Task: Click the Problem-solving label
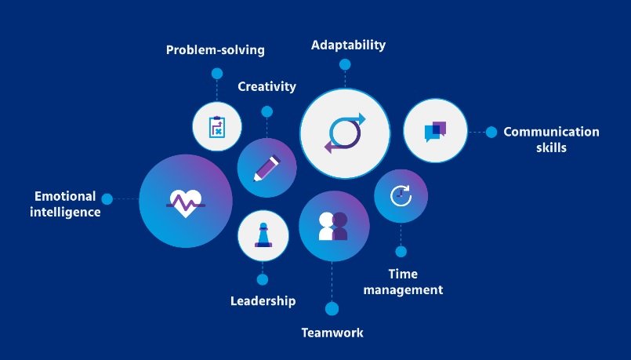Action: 215,50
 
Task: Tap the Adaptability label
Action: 348,45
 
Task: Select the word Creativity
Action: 267,86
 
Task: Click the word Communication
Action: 551,132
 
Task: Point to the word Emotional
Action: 65,196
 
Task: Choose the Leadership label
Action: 263,300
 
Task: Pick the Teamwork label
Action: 332,333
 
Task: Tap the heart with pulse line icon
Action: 186,202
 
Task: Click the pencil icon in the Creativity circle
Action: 267,168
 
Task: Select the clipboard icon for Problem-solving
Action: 217,126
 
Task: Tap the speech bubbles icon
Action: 435,131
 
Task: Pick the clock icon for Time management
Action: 401,195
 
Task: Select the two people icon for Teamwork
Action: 333,226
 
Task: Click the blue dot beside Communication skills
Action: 491,132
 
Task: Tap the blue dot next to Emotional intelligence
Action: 107,199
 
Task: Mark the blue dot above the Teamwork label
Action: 332,308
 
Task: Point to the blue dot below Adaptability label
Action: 345,64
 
